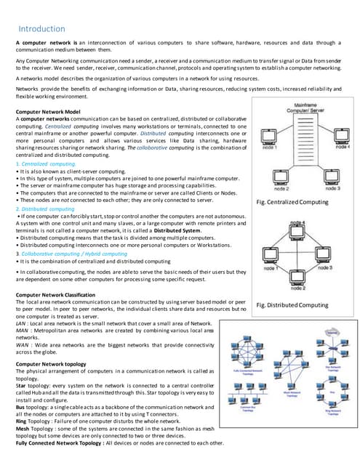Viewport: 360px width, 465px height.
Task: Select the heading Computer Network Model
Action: (49, 113)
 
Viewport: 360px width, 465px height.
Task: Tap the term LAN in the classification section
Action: (22, 323)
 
